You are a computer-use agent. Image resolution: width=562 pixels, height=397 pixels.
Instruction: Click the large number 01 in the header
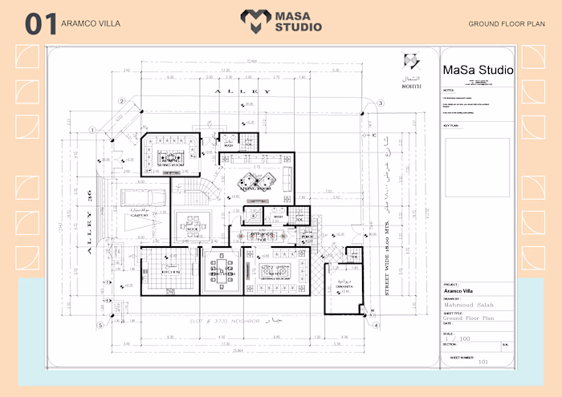pyautogui.click(x=40, y=23)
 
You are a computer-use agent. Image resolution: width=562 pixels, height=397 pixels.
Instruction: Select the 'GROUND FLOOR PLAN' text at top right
pyautogui.click(x=507, y=24)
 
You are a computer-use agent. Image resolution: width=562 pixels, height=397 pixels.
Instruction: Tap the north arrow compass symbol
pyautogui.click(x=410, y=61)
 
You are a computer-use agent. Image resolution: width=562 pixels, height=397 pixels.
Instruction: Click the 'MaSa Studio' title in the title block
pyautogui.click(x=478, y=71)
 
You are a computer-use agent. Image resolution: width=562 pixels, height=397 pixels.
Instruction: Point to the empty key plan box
pyautogui.click(x=477, y=167)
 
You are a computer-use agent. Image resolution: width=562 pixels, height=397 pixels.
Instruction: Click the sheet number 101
pyautogui.click(x=483, y=361)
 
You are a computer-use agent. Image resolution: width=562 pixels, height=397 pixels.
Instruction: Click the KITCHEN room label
pyautogui.click(x=169, y=271)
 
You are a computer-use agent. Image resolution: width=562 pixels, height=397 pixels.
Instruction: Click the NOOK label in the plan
pyautogui.click(x=193, y=227)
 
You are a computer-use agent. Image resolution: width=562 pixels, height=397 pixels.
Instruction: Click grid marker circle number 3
pyautogui.click(x=381, y=103)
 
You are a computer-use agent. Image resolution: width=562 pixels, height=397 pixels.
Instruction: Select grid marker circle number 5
pyautogui.click(x=101, y=325)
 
